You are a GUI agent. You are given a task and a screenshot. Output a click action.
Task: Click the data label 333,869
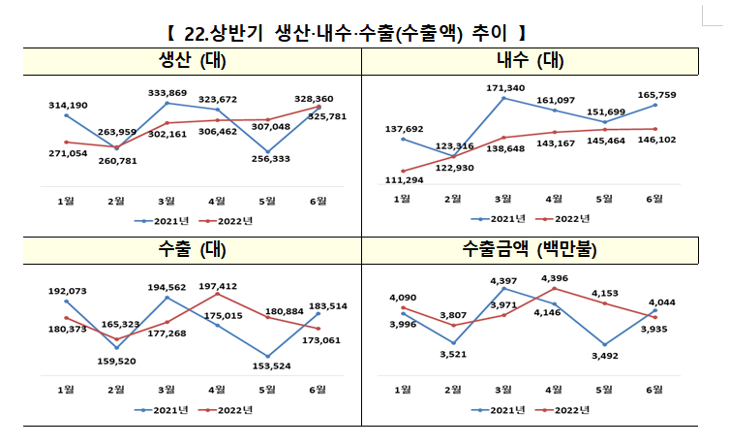pos(167,92)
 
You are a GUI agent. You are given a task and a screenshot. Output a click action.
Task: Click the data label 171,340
pos(503,88)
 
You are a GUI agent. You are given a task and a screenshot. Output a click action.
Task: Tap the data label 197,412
pos(217,286)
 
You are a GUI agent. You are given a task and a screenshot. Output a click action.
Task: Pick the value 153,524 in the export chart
pos(267,365)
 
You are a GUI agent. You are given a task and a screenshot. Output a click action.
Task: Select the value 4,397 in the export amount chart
pos(503,281)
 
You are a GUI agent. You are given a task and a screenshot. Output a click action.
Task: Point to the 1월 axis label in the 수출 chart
pos(66,389)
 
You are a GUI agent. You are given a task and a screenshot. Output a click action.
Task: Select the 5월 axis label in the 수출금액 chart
pos(605,389)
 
